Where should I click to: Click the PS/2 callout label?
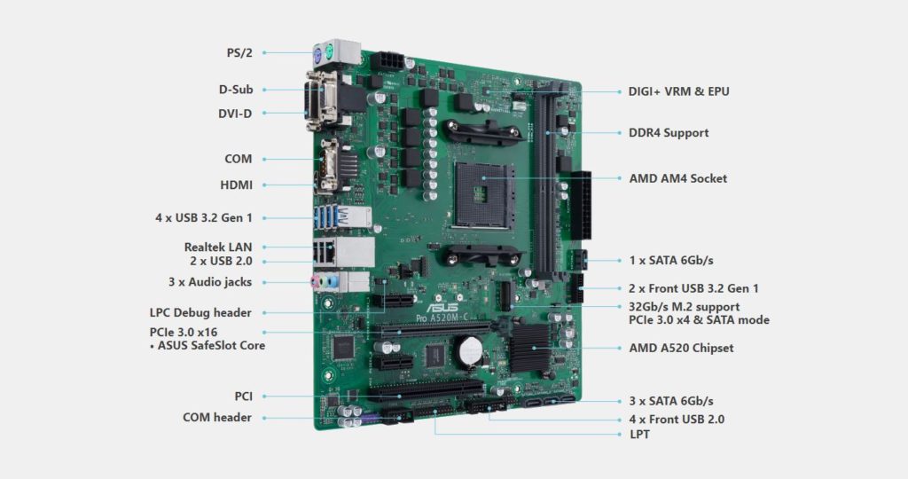(239, 52)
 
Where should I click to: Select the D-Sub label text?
(235, 90)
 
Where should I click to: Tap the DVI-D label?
(235, 113)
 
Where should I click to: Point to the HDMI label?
(236, 185)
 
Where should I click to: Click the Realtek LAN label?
(218, 246)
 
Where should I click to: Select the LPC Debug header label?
(200, 312)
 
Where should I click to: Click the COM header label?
(217, 417)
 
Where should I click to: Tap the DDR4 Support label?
(669, 132)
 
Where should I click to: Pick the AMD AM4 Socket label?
(677, 178)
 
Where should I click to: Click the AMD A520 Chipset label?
(681, 348)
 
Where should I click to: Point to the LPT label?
(639, 434)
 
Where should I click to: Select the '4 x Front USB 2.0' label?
(677, 419)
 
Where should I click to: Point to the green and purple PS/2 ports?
(323, 53)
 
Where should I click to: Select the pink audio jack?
(314, 282)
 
